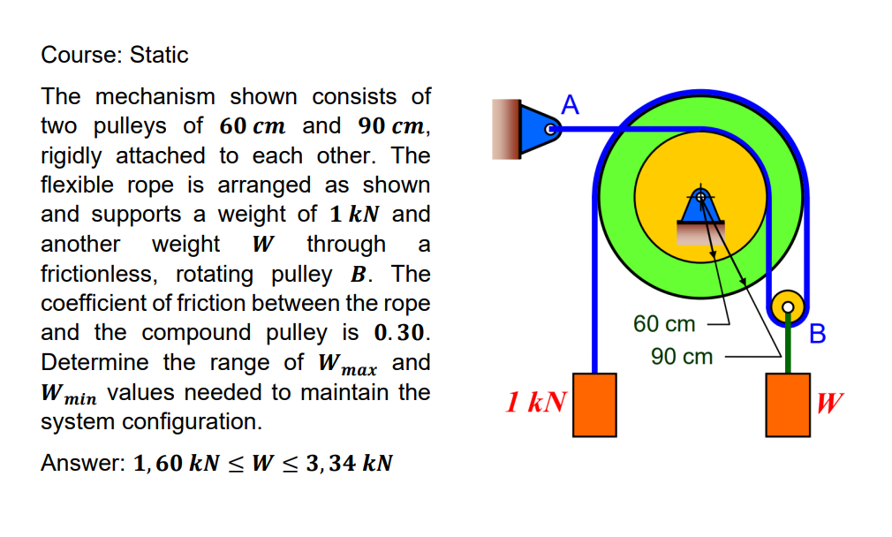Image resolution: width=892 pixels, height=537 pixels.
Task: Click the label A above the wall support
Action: pyautogui.click(x=570, y=106)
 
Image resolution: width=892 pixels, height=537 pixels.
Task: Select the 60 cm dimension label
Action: pyautogui.click(x=664, y=324)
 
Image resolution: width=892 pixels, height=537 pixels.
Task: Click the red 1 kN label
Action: pyautogui.click(x=535, y=404)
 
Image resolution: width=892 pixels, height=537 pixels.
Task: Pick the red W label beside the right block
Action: pyautogui.click(x=829, y=404)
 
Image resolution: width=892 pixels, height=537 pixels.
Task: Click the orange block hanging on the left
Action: pyautogui.click(x=594, y=405)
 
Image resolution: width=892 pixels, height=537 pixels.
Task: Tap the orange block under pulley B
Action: pyautogui.click(x=788, y=405)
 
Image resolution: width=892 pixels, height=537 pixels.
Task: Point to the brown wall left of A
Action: pyautogui.click(x=506, y=130)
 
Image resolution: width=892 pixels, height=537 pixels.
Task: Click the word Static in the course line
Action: pyautogui.click(x=159, y=55)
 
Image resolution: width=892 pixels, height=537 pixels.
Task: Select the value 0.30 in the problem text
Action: pyautogui.click(x=403, y=333)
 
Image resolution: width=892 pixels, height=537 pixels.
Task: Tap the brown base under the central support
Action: pyautogui.click(x=700, y=231)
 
